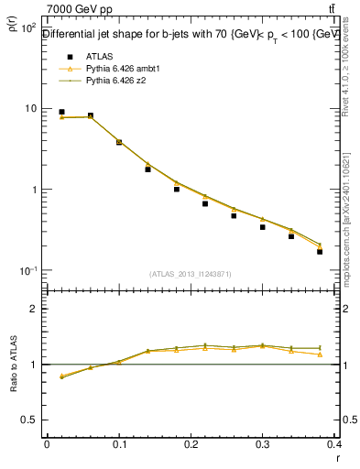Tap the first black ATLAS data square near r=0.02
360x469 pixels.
click(61, 112)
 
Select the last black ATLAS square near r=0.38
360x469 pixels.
click(320, 251)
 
